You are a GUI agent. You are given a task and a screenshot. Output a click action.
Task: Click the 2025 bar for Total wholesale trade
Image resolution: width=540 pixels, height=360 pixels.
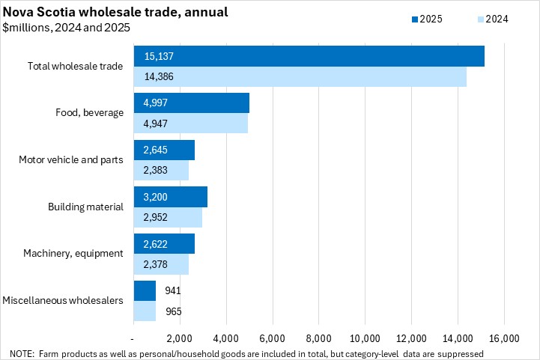click(x=309, y=56)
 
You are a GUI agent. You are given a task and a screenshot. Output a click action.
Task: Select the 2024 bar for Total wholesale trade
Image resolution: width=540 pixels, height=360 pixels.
click(x=300, y=76)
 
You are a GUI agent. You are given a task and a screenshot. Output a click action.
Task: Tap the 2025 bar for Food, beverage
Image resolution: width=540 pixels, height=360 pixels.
click(x=191, y=103)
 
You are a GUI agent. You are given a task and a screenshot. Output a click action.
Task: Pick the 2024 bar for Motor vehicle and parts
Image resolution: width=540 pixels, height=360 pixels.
click(x=161, y=171)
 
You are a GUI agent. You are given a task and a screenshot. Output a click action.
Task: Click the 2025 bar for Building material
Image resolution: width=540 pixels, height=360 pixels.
click(x=170, y=197)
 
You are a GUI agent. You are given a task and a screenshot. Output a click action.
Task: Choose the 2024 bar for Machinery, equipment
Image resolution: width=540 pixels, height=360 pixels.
click(x=161, y=264)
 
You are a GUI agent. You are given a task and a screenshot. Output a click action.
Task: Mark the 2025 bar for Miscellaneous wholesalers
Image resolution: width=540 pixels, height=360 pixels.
click(x=145, y=291)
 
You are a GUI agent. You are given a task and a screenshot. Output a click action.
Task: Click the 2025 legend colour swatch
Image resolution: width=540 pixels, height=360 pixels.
click(x=415, y=19)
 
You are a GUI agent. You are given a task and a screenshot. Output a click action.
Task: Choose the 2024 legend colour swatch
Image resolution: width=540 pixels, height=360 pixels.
click(x=479, y=19)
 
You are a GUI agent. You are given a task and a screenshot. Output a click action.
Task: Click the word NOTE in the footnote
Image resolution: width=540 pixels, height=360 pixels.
click(x=22, y=353)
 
